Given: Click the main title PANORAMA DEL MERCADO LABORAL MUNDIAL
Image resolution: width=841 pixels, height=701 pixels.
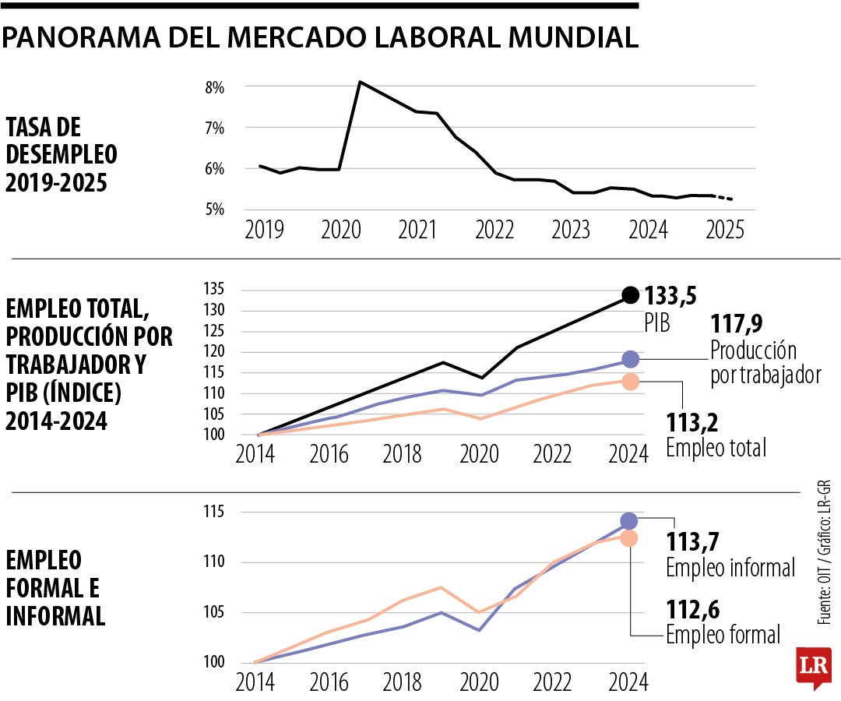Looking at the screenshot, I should (x=319, y=37).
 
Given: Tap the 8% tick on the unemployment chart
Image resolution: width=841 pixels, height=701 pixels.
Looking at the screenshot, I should (x=214, y=87).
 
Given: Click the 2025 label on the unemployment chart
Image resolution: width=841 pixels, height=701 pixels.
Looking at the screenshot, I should (x=724, y=231).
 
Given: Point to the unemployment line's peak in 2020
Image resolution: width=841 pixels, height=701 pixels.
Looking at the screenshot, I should (x=359, y=82).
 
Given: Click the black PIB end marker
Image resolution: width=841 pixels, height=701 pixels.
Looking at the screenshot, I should (x=630, y=295).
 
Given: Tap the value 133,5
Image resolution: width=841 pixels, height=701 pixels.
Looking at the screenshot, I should (x=670, y=297).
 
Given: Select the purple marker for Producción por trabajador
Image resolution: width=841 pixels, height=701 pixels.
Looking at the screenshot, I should (x=630, y=359).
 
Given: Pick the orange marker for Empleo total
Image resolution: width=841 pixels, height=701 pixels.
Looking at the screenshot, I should (x=630, y=381).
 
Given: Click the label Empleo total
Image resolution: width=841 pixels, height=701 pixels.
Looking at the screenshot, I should (x=716, y=448).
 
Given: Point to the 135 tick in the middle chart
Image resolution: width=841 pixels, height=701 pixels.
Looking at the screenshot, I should (x=215, y=290).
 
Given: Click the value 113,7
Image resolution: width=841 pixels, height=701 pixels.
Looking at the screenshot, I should (x=691, y=541).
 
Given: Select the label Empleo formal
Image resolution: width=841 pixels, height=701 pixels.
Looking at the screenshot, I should (x=723, y=635).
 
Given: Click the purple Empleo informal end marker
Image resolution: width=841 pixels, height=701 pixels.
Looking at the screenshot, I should (x=629, y=520).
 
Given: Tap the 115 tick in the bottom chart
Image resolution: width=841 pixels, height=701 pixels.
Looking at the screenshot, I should (x=215, y=512).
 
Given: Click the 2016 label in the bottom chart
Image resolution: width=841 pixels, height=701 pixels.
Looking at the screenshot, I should (x=329, y=683).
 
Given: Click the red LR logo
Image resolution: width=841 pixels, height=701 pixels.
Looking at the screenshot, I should (x=813, y=667).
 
